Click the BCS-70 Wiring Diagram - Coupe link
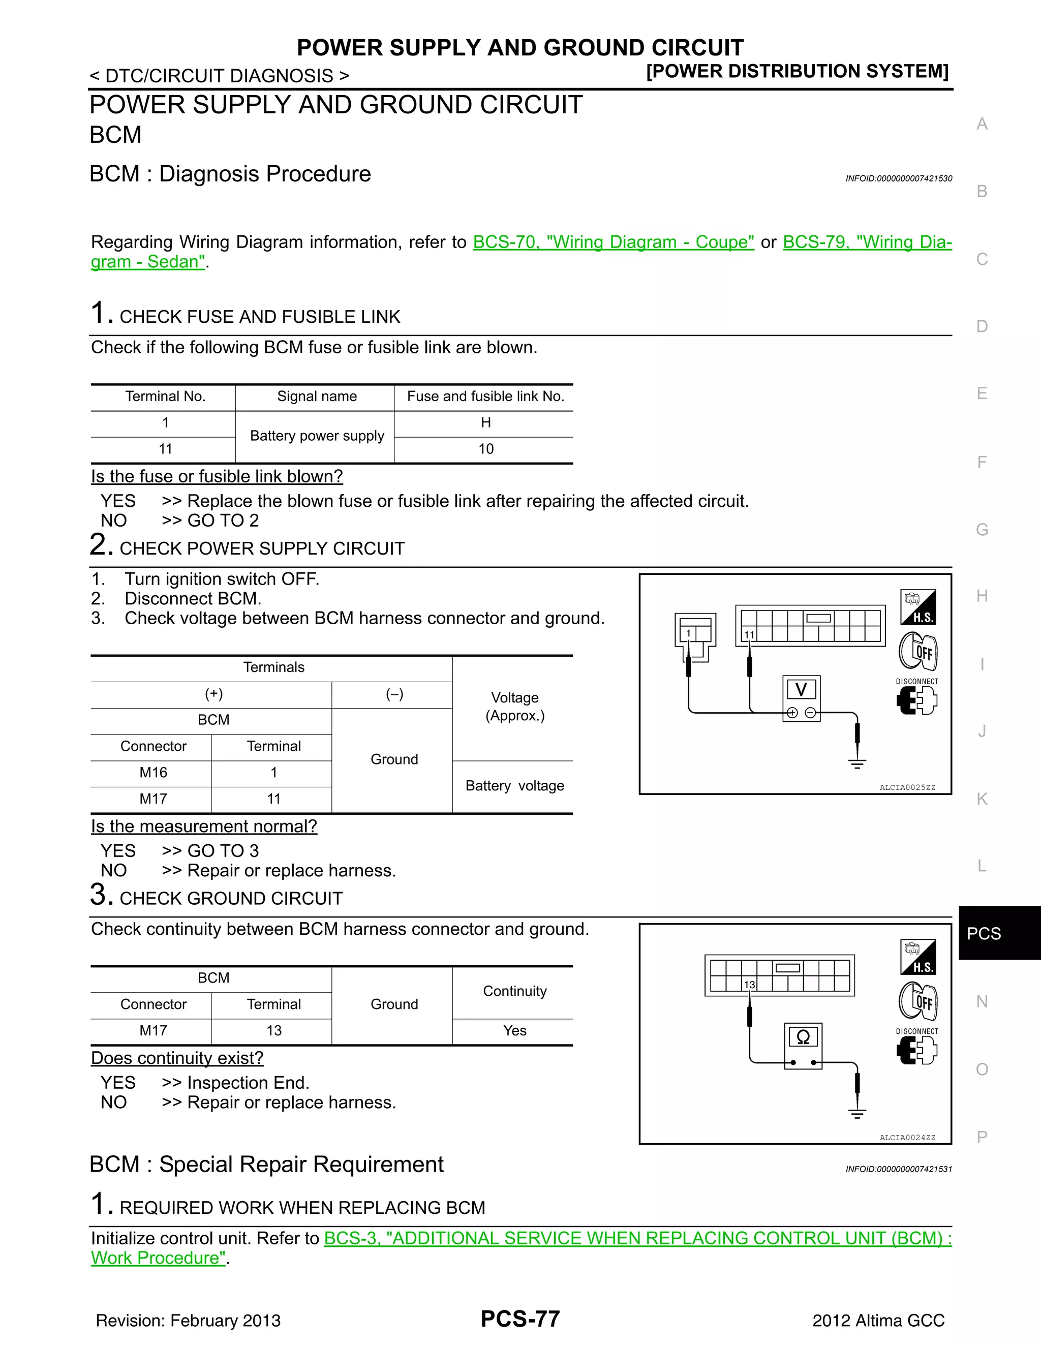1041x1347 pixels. pyautogui.click(x=613, y=242)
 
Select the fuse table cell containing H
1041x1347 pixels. pyautogui.click(x=485, y=422)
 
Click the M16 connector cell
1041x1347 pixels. pyautogui.click(x=153, y=772)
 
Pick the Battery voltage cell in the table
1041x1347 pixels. pyautogui.click(x=514, y=786)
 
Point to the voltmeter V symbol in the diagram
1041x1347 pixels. pyautogui.click(x=801, y=690)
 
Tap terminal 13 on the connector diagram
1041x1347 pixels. pyautogui.click(x=749, y=985)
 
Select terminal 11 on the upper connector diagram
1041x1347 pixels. pyautogui.click(x=749, y=635)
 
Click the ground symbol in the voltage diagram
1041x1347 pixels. pyautogui.click(x=857, y=763)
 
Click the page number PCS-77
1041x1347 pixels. pyautogui.click(x=520, y=1319)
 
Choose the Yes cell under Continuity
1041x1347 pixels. pyautogui.click(x=514, y=1031)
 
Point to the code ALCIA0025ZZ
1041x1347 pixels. pyautogui.click(x=907, y=787)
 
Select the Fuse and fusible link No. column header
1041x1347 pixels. pyautogui.click(x=485, y=396)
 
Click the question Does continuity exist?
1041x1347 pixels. pyautogui.click(x=177, y=1058)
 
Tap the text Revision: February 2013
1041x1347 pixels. pyautogui.click(x=188, y=1321)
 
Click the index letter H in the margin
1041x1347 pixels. pyautogui.click(x=982, y=596)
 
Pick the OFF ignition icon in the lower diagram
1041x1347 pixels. pyautogui.click(x=918, y=1000)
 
